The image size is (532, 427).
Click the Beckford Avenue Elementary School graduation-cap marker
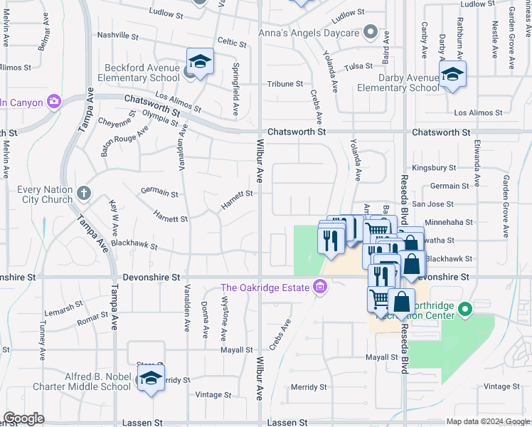(x=201, y=62)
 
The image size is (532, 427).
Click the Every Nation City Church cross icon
(x=84, y=192)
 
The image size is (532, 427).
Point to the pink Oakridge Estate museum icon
(x=320, y=287)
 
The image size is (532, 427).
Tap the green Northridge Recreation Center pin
(x=465, y=309)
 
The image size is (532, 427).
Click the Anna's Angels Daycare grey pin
(x=370, y=32)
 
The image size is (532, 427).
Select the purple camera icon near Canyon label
(x=54, y=101)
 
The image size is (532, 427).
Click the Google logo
(x=23, y=418)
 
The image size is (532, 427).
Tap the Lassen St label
(x=287, y=422)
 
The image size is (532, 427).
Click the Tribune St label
(x=284, y=84)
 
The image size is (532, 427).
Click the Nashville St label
(x=117, y=35)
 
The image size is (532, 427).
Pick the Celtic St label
(x=232, y=43)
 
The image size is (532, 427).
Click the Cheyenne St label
(x=115, y=121)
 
